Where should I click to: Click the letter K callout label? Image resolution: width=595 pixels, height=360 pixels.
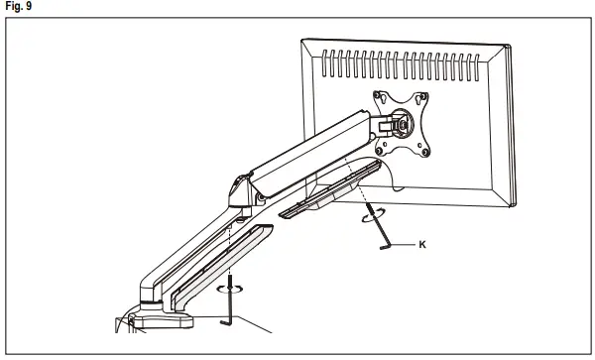[x=424, y=242]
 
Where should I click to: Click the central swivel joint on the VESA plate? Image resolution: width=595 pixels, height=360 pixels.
[x=401, y=125]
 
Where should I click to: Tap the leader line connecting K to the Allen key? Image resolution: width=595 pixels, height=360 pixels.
[x=407, y=242]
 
